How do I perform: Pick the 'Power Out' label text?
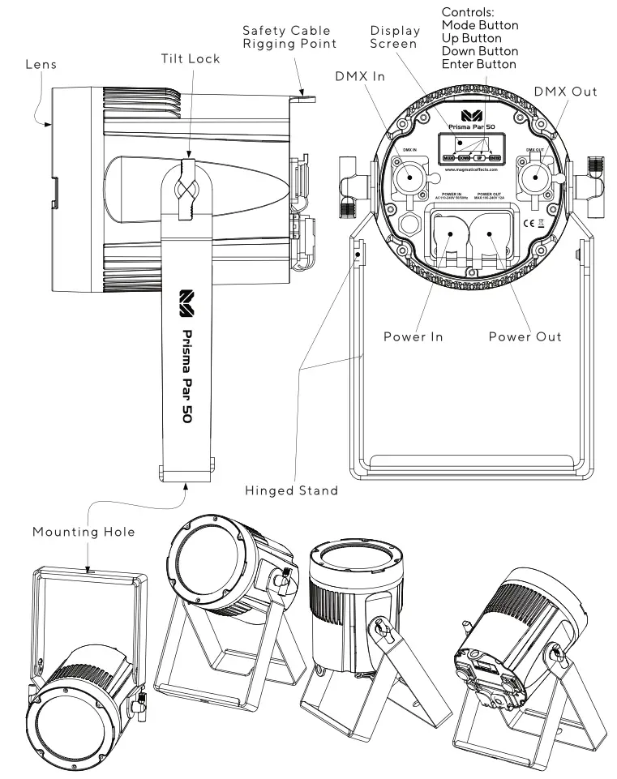coord(525,336)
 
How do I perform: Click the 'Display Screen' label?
coord(395,37)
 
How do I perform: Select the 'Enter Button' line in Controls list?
coord(478,64)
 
